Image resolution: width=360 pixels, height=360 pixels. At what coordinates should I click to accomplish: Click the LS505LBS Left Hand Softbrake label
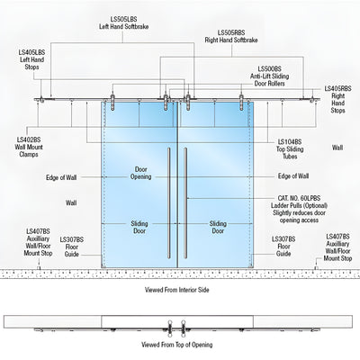coord(123,23)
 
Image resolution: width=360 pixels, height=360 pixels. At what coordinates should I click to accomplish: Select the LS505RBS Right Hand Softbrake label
coord(231,36)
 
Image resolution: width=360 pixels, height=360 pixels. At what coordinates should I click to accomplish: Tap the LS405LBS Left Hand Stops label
coord(32,59)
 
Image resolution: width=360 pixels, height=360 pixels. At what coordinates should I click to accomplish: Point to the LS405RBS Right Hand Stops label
coord(337,100)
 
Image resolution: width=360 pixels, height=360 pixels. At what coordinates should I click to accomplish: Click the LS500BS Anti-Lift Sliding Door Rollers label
coord(270,76)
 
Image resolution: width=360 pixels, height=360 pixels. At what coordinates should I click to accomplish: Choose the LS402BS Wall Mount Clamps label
coord(29,147)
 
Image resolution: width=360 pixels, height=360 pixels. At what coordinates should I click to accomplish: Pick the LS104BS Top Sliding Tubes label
coord(290,149)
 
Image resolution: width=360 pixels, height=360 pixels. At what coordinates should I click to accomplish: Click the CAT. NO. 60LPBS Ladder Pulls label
coord(299,209)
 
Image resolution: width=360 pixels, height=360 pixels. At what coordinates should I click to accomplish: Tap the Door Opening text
coord(140,173)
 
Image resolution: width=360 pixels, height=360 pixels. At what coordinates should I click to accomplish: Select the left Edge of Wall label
coord(61,177)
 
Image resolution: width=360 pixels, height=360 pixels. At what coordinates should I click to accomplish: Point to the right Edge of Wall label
coord(293,176)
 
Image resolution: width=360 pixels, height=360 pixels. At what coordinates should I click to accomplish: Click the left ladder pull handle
coord(169,202)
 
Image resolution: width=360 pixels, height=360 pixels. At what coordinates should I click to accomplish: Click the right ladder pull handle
coord(185,202)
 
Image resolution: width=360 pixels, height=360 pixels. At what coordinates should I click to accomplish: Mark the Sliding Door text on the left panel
coord(139,227)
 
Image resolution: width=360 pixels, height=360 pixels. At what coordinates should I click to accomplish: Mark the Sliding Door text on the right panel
coord(218,227)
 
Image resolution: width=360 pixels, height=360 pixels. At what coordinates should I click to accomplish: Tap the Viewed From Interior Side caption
coord(177,290)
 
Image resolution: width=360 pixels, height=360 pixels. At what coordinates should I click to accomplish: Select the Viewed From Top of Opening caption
coord(177,345)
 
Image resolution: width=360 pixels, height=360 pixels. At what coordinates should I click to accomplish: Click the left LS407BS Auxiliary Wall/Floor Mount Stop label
coord(38,242)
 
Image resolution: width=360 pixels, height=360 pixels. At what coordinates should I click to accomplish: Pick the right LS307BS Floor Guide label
coord(283,247)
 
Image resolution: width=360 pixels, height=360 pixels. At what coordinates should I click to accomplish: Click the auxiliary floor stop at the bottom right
coord(316,267)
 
